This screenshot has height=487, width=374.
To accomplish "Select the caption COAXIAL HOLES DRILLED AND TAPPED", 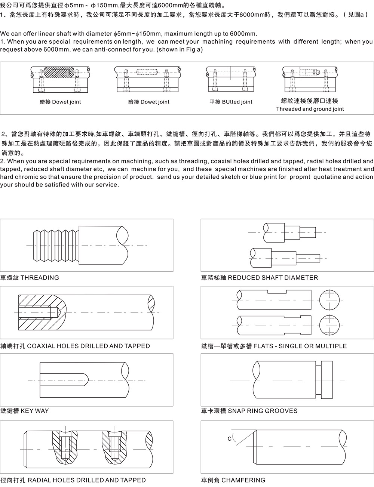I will coord(75,346).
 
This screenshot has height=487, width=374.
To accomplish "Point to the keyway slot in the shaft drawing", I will coord(63,380).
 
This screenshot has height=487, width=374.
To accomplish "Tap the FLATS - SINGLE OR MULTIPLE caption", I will coord(274,346).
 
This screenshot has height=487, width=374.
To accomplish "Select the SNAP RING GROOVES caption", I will coord(249,411).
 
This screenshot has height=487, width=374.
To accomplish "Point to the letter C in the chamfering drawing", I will coord(230,438).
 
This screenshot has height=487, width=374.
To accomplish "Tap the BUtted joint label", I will coord(231,102).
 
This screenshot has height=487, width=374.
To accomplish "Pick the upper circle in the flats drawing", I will coord(331,300).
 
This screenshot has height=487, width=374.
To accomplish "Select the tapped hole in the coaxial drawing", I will coord(36,312).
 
